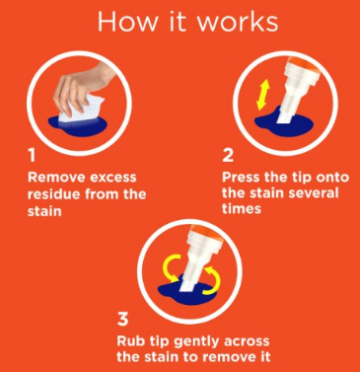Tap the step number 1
32,156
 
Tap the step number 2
228,156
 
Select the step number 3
122,319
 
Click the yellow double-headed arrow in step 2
262,95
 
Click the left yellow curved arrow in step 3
172,267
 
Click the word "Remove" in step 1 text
56,178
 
